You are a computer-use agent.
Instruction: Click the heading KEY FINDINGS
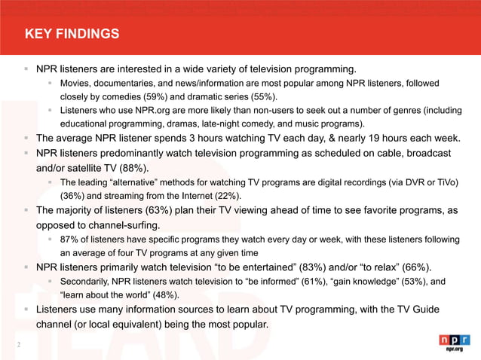coord(72,34)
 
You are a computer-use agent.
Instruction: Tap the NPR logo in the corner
coord(454,343)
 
